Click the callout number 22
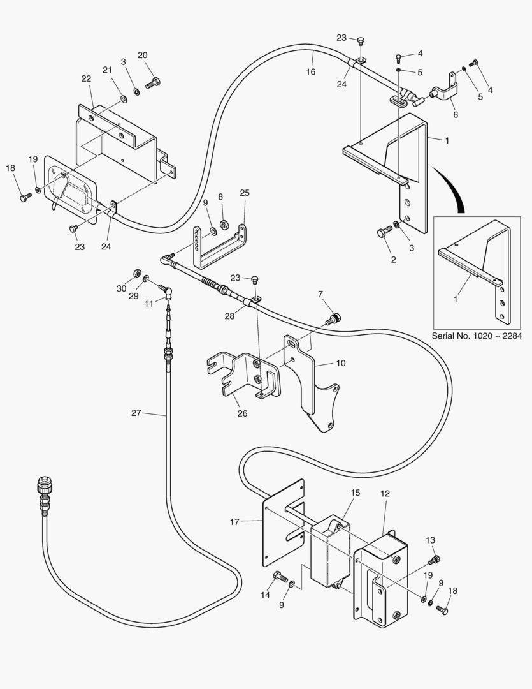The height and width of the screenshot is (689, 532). pos(85,78)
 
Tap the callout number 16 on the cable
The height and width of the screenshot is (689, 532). pos(310,72)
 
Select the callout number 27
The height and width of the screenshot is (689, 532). pos(136,413)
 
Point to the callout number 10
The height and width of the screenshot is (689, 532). pos(341,363)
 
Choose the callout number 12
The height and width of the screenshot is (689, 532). pos(385,494)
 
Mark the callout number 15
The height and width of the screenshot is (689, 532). pos(355,493)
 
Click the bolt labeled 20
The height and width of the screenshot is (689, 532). pos(153,82)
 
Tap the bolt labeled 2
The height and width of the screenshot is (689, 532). pos(383,233)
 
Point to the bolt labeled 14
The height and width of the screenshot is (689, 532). pos(278,576)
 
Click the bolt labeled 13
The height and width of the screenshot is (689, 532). pos(435,560)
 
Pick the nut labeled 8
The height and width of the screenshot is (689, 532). pos(225,224)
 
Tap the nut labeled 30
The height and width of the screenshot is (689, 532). pos(136,274)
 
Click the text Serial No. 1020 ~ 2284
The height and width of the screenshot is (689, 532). pos(476,336)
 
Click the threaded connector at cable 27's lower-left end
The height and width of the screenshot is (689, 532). pos(45,494)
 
